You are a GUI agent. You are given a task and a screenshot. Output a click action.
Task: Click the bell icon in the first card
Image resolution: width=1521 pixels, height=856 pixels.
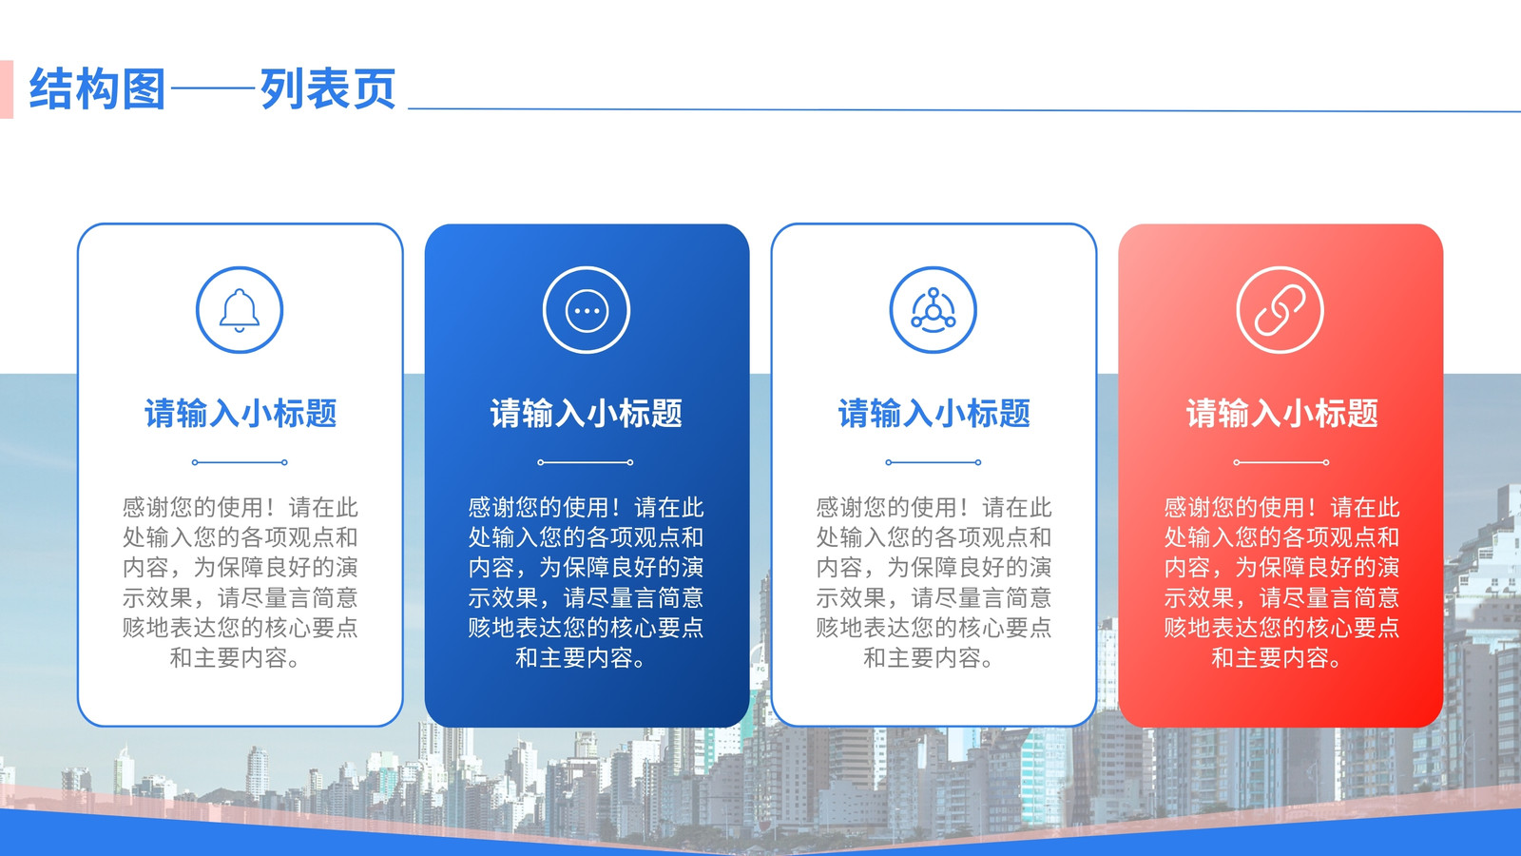(240, 310)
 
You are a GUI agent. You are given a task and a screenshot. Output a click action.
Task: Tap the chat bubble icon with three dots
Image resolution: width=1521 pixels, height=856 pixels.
(587, 310)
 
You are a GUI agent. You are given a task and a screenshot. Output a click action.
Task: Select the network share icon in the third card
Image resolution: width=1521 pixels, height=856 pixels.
(934, 310)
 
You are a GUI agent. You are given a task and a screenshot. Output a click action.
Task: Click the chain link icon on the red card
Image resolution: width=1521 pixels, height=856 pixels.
(1280, 310)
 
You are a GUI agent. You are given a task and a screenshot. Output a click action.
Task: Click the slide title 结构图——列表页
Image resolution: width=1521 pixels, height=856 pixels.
(213, 89)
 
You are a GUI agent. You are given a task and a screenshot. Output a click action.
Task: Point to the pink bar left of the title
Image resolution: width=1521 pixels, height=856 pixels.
(7, 89)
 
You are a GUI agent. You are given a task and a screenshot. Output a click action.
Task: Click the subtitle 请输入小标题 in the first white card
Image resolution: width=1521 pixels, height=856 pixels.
(241, 413)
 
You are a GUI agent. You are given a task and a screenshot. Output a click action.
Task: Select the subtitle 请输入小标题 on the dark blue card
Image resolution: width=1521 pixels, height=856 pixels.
(586, 413)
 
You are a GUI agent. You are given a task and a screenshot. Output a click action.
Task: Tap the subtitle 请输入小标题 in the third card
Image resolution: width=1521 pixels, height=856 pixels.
(934, 413)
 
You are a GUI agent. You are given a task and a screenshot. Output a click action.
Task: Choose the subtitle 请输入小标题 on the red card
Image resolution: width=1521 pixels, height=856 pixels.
(1282, 413)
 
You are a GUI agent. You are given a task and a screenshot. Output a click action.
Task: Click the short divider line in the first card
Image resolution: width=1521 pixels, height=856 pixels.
(240, 462)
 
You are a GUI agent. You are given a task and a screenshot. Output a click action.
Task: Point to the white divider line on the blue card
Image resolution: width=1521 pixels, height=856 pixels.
(586, 462)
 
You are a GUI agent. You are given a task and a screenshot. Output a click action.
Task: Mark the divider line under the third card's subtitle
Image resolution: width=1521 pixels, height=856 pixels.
(934, 462)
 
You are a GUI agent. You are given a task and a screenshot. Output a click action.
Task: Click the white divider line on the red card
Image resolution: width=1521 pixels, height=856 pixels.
(1281, 462)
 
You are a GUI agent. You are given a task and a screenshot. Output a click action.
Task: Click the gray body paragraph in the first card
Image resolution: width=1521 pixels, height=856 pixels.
(241, 582)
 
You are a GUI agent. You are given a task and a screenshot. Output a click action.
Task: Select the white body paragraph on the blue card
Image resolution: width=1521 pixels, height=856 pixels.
(586, 582)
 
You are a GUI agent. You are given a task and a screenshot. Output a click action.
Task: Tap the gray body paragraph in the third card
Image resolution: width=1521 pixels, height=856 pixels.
(934, 582)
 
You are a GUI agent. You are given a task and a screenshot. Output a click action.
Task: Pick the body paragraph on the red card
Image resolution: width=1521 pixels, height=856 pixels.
(1282, 582)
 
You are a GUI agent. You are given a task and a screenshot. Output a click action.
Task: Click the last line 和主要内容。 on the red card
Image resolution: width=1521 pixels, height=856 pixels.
(1277, 657)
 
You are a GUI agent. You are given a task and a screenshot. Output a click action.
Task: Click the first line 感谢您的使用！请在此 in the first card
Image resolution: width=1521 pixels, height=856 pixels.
(241, 508)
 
